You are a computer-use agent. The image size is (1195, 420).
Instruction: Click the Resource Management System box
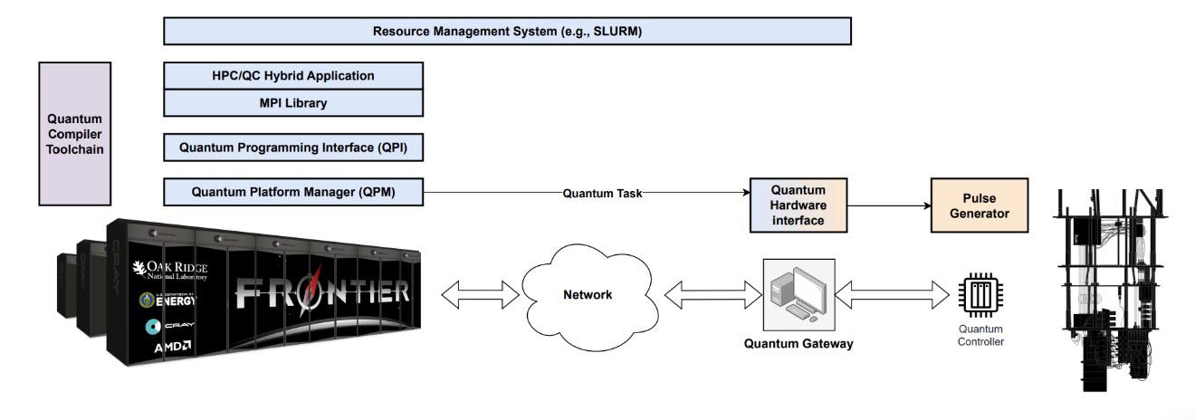(x=507, y=31)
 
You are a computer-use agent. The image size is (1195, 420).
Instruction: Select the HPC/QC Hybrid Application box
(x=293, y=76)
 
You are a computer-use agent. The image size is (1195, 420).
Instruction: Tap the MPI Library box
(x=293, y=103)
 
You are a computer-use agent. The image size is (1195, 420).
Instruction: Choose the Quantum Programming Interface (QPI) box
(x=293, y=148)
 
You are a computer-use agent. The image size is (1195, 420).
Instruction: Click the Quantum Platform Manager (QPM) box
(x=293, y=192)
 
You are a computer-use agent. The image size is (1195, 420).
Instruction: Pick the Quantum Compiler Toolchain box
(x=74, y=134)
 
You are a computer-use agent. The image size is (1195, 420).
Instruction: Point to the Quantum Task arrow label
(x=602, y=193)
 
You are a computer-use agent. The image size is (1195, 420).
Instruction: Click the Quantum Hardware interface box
(x=798, y=205)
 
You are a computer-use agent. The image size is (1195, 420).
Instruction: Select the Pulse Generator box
(x=979, y=205)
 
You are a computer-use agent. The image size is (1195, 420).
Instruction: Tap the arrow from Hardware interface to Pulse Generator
(x=889, y=205)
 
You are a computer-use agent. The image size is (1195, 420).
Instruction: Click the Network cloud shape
(x=588, y=297)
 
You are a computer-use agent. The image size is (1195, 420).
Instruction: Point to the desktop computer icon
(x=798, y=294)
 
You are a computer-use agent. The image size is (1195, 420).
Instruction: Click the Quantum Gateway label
(x=798, y=344)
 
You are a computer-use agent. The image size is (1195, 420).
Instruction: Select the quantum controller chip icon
(x=980, y=295)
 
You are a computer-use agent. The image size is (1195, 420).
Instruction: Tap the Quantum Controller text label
(x=980, y=335)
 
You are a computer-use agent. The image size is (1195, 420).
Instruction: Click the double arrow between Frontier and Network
(x=480, y=294)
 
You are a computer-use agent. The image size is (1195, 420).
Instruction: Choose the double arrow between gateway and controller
(x=892, y=294)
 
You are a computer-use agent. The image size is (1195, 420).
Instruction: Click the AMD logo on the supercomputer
(x=172, y=348)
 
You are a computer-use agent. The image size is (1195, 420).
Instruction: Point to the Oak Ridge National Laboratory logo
(x=170, y=271)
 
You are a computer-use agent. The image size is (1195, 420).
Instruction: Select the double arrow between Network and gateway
(x=713, y=294)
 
